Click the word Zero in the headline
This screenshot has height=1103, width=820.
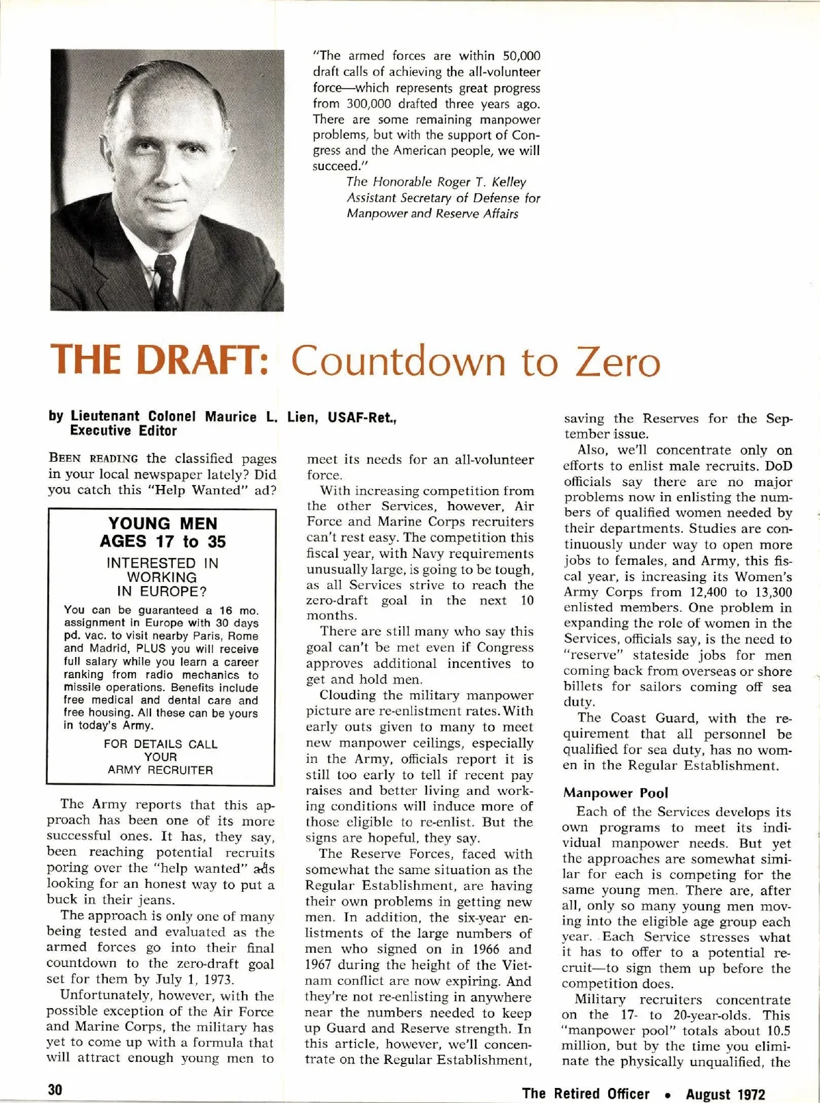618,361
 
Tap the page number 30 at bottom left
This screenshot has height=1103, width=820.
55,1089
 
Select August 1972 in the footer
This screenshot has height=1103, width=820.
726,1094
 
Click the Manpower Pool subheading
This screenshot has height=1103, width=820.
616,793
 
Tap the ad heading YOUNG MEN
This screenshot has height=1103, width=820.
163,524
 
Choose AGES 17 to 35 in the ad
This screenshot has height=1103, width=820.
163,542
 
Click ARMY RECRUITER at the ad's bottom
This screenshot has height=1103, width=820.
161,770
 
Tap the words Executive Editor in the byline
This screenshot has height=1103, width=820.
123,431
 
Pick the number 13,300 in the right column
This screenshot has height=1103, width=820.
769,592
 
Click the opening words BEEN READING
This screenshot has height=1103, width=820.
93,458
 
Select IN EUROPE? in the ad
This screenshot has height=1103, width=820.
161,591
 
